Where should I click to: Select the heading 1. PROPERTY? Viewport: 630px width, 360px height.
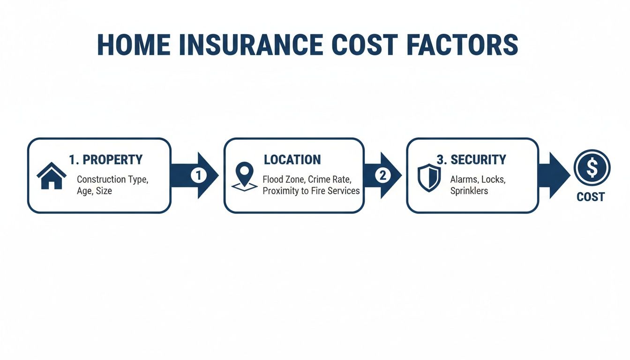[x=105, y=160]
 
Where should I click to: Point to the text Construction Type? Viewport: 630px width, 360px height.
[x=114, y=179]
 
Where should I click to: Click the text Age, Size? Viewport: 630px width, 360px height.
[x=94, y=191]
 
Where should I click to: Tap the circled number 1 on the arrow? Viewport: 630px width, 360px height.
[x=198, y=175]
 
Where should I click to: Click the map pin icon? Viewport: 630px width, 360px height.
[x=244, y=176]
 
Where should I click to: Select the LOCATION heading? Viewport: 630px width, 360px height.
[x=292, y=160]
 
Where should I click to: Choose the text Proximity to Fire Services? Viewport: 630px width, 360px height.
[x=311, y=191]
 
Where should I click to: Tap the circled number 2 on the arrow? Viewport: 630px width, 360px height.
[x=382, y=175]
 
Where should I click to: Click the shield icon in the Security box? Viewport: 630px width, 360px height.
[x=429, y=177]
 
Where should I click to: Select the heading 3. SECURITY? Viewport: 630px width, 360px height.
[x=471, y=160]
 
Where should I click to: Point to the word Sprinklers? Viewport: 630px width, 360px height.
[x=469, y=191]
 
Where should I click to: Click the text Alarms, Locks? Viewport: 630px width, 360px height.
[x=478, y=179]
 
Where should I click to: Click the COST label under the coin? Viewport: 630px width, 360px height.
[x=591, y=197]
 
